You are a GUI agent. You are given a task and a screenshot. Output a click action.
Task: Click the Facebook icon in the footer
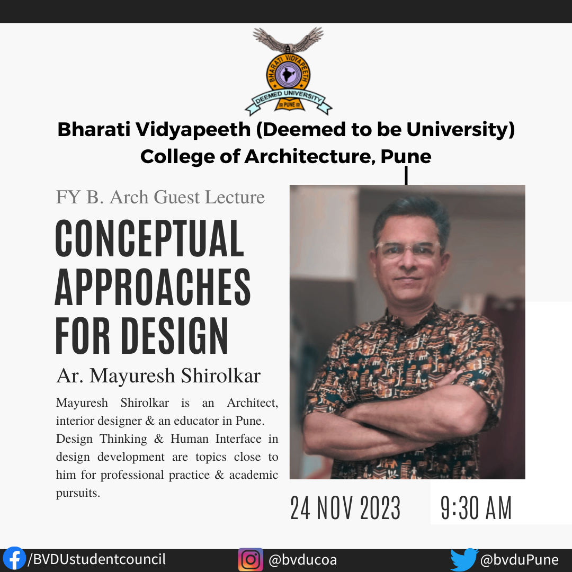[14, 559]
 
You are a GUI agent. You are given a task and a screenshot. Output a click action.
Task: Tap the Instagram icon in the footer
[251, 560]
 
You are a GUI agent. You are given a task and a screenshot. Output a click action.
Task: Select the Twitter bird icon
[464, 560]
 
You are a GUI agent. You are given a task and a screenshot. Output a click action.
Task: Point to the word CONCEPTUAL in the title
[149, 239]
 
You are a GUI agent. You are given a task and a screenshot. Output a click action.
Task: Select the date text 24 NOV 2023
[345, 508]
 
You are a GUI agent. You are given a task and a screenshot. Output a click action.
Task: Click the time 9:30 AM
[476, 508]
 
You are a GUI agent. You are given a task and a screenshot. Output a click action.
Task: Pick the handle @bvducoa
[302, 560]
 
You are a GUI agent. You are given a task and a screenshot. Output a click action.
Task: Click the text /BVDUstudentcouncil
[97, 559]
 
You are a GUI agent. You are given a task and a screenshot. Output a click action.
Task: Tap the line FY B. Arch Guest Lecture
[160, 197]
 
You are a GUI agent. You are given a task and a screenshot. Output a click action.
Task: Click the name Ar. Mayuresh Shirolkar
[158, 376]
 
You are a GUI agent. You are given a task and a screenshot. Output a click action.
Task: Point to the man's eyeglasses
[408, 249]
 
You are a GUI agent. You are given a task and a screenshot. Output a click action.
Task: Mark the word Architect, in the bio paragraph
[252, 403]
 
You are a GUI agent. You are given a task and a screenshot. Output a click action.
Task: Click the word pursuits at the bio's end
[77, 493]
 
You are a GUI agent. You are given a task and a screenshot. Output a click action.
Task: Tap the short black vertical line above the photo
[406, 176]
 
